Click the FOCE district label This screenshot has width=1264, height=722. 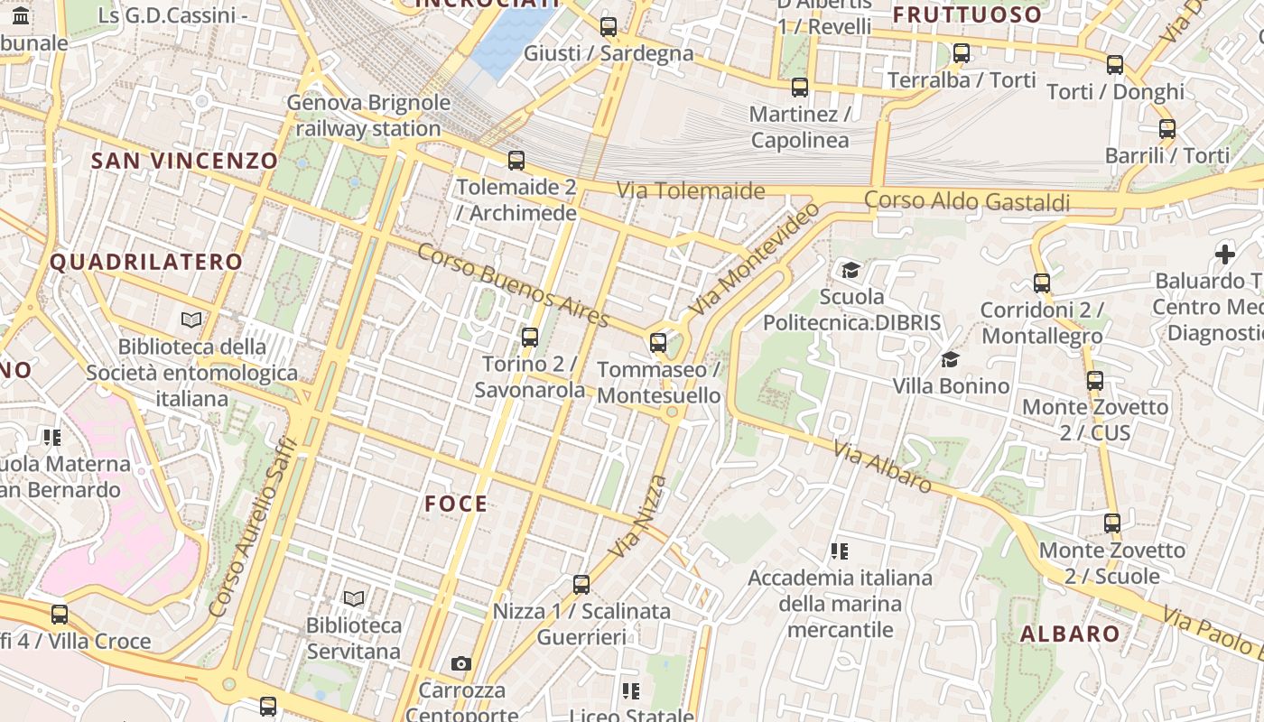pos(456,504)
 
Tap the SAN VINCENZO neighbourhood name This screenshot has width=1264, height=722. pos(185,161)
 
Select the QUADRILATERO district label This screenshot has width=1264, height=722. pos(146,263)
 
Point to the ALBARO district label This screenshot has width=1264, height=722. pos(1070,634)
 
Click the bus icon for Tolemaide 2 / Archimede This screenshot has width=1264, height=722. pos(516,161)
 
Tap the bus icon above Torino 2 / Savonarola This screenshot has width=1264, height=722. pos(530,338)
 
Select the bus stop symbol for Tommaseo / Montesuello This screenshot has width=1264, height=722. pos(658,343)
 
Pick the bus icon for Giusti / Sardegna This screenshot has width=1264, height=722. pos(609,27)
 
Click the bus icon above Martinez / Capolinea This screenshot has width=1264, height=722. pos(799,88)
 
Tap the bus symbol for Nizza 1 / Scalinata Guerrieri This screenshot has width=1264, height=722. pos(581,585)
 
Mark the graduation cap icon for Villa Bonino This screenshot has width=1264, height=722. pos(950,360)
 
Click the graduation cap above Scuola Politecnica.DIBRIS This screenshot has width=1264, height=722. pos(850,270)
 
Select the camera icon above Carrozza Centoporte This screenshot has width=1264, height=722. pos(461,664)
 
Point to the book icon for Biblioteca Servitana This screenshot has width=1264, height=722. pos(354,598)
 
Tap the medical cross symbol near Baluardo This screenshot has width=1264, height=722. pos(1224,255)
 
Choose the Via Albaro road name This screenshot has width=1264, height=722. pos(882,467)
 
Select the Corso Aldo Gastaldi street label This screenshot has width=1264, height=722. pos(967,201)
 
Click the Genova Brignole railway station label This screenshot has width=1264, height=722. pos(367,116)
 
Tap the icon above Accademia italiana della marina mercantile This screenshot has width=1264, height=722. pos(840,551)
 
